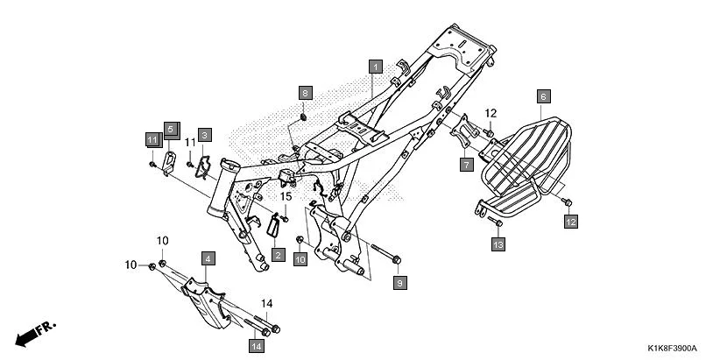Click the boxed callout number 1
[x=376, y=66]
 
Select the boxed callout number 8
[x=305, y=93]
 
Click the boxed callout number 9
[x=399, y=283]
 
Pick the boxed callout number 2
[x=278, y=255]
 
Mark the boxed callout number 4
[x=208, y=258]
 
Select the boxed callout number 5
[x=170, y=128]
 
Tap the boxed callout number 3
[x=203, y=135]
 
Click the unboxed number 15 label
[x=284, y=197]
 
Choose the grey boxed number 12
[x=570, y=223]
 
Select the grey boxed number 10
[x=300, y=259]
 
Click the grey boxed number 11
[x=152, y=139]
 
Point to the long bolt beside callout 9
[x=382, y=255]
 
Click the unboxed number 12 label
[x=491, y=113]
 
